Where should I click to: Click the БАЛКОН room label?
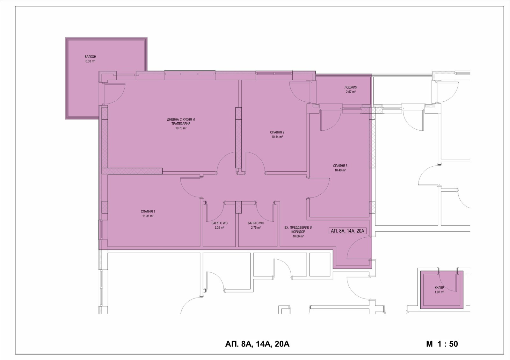[x=90, y=57]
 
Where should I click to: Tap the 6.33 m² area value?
[x=90, y=61]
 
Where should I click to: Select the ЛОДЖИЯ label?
[x=351, y=87]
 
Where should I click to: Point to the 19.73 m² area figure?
[x=181, y=128]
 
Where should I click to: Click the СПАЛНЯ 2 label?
[x=277, y=132]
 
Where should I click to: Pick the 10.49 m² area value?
[x=340, y=170]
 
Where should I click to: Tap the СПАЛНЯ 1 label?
[x=148, y=212]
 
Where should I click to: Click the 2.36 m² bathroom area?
[x=219, y=227]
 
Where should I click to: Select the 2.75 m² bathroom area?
[x=256, y=227]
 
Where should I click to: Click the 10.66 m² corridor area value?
[x=298, y=236]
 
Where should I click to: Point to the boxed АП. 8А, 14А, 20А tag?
[x=347, y=231]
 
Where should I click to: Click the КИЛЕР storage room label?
[x=439, y=288]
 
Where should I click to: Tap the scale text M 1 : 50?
[x=442, y=344]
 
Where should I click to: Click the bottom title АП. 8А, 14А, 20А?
[x=257, y=344]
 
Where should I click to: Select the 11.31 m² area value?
[x=148, y=216]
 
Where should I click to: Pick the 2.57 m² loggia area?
[x=351, y=92]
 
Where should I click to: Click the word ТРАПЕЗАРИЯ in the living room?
[x=181, y=124]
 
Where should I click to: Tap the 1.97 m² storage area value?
[x=439, y=292]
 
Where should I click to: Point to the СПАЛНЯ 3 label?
[x=340, y=166]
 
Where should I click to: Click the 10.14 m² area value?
[x=277, y=137]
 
